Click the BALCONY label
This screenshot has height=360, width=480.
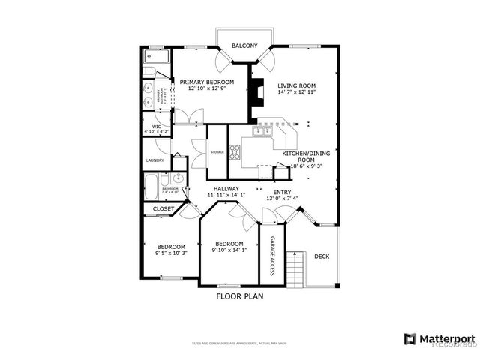pos(244,46)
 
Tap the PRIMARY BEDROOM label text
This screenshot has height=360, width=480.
pos(211,82)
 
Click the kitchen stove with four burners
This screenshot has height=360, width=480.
pos(235,153)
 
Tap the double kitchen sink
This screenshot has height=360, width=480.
pos(262,132)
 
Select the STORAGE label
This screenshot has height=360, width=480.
pos(217,152)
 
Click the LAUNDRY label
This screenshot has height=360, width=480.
pos(155,160)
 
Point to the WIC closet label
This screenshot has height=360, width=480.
pos(157,127)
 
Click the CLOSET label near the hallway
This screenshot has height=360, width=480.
pos(163,209)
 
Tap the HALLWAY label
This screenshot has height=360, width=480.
pos(226,189)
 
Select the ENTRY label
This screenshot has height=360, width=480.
pos(282,192)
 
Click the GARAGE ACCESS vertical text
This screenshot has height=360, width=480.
pos(272,255)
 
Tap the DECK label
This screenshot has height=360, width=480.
pos(322,256)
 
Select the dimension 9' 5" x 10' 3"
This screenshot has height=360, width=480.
pos(170,253)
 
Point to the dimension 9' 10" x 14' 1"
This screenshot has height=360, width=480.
pos(229,250)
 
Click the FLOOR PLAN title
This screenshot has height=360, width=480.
pos(240,296)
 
